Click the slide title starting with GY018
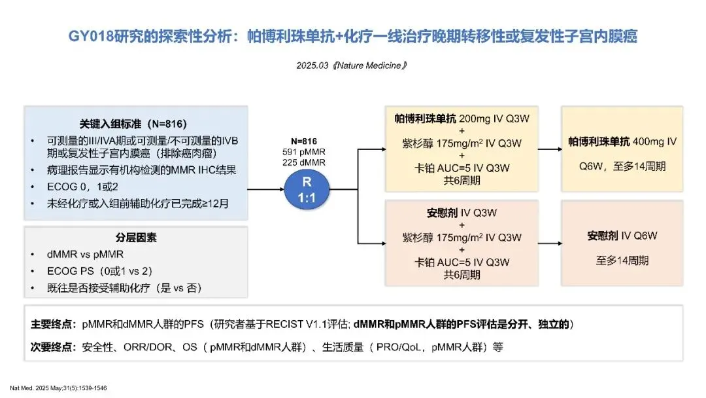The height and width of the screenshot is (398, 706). [353, 37]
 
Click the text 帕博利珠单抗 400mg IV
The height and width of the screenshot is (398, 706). [622, 141]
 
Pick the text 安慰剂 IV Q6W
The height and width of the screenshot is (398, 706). [622, 236]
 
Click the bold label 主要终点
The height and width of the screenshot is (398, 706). [53, 324]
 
